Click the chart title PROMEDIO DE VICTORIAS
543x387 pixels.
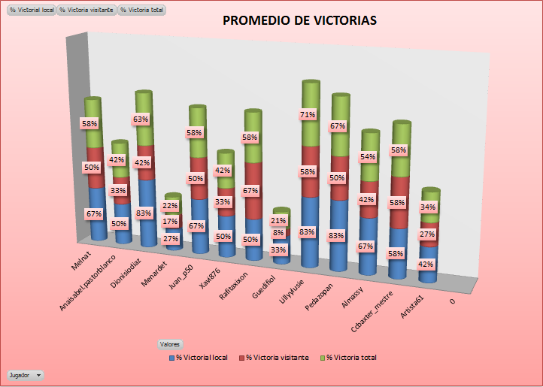(299, 21)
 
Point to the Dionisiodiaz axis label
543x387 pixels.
(133, 266)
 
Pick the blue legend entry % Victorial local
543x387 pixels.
(199, 358)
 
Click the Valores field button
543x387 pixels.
(169, 343)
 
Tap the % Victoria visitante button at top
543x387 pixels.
(87, 11)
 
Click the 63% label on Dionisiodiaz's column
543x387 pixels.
(140, 119)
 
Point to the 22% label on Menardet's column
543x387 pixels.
(171, 206)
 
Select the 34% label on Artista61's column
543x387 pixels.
(428, 207)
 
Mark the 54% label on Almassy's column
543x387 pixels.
(369, 157)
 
